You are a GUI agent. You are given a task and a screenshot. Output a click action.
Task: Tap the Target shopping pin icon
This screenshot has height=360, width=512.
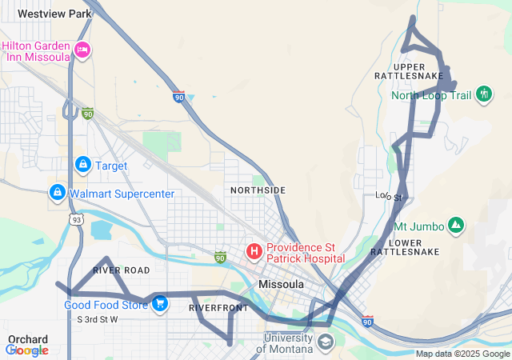pyautogui.click(x=82, y=165)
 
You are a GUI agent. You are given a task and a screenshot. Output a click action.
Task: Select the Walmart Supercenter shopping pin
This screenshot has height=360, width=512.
pyautogui.click(x=57, y=193)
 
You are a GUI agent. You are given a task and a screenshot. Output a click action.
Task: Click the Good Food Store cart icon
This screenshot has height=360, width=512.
pyautogui.click(x=160, y=304)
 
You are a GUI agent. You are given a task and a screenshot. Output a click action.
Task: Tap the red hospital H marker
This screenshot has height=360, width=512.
pyautogui.click(x=254, y=253)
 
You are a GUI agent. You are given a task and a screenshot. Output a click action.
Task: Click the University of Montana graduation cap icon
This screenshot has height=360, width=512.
pyautogui.click(x=325, y=343)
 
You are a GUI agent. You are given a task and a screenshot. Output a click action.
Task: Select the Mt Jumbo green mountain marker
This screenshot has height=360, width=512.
pyautogui.click(x=455, y=226)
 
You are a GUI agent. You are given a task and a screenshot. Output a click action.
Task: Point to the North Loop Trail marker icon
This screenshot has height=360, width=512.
pyautogui.click(x=483, y=95)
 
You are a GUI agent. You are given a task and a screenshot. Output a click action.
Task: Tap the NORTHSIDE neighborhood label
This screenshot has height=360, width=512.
pyautogui.click(x=258, y=190)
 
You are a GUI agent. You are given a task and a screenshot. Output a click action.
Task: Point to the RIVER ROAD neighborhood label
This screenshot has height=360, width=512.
pyautogui.click(x=121, y=270)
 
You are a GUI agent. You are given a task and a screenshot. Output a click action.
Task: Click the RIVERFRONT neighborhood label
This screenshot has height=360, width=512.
pyautogui.click(x=218, y=307)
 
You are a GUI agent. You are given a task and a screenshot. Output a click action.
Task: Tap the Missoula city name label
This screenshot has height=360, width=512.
pyautogui.click(x=281, y=284)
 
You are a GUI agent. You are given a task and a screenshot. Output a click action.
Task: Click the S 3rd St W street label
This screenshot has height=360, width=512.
pyautogui.click(x=97, y=319)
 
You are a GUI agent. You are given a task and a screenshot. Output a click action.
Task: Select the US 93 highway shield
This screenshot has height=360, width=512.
pyautogui.click(x=75, y=219)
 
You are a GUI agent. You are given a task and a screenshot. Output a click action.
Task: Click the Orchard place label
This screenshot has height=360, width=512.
pyautogui.click(x=28, y=339)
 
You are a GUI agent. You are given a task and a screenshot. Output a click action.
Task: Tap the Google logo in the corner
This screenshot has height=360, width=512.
pyautogui.click(x=27, y=350)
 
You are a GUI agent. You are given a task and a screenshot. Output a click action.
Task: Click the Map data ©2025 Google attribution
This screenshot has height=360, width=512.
pyautogui.click(x=462, y=354)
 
